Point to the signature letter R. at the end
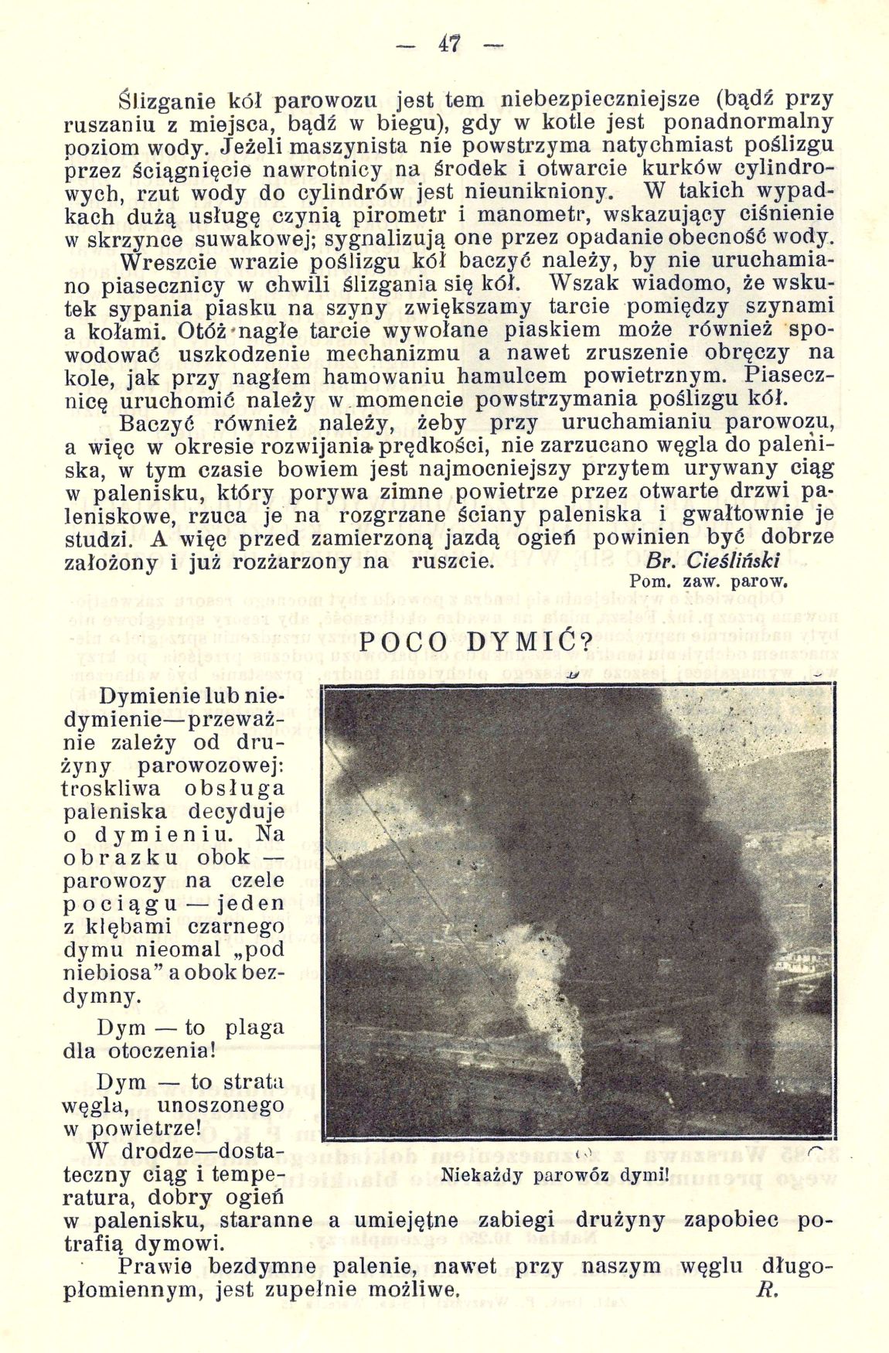(x=768, y=1289)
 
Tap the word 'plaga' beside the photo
(x=254, y=1030)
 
